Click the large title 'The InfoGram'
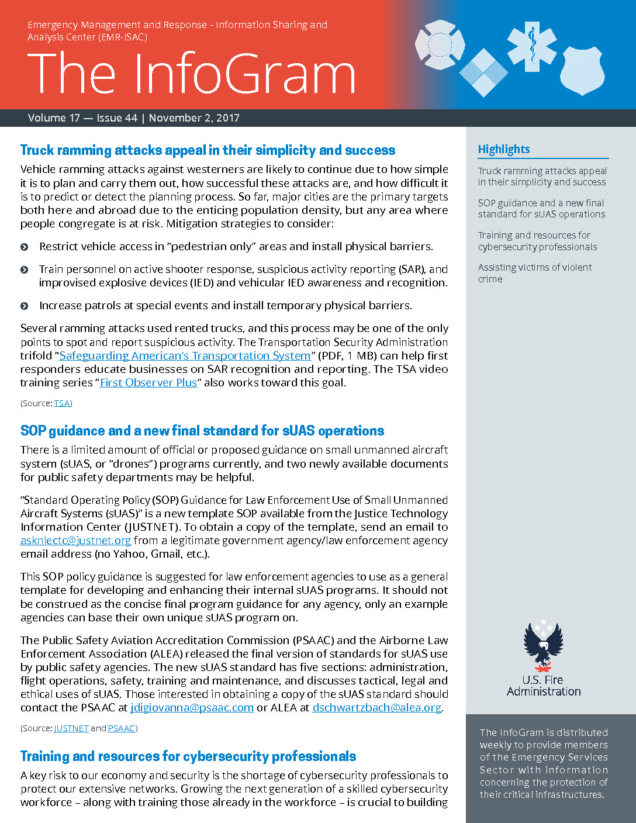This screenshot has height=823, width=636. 191,74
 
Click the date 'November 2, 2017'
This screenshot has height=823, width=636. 194,118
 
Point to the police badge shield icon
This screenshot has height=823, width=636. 582,71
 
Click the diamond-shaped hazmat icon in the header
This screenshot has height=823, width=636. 483,72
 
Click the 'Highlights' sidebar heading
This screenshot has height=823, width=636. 504,149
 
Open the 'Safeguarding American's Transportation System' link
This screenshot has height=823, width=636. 185,355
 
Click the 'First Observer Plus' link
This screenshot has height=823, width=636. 148,383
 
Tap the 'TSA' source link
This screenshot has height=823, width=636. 61,403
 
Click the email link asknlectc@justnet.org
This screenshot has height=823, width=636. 75,541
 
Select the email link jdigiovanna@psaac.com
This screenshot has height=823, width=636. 192,708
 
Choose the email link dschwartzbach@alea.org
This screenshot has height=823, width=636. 376,708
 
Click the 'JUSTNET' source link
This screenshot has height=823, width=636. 71,728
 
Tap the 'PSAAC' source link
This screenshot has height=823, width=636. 121,728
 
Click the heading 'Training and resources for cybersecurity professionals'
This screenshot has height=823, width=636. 188,756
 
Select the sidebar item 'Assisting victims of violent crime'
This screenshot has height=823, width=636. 534,273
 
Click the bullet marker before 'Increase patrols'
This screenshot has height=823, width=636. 25,306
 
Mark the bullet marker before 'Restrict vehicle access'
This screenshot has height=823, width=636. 25,247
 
